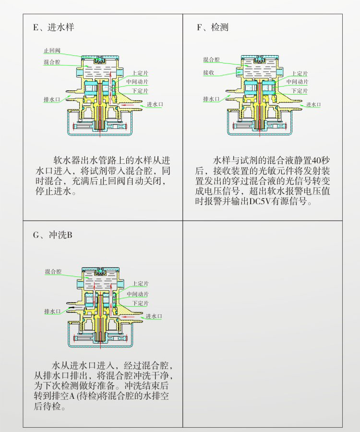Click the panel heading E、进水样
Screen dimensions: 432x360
pos(53,27)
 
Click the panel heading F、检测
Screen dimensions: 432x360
pos(213,27)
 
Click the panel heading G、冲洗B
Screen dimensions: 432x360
pos(53,235)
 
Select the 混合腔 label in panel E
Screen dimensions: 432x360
pos(51,62)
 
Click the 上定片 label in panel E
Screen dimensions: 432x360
pos(140,74)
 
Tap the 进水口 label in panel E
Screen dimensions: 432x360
pos(155,104)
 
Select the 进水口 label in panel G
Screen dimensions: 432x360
pos(154,316)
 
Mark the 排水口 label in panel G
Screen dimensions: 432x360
pos(52,311)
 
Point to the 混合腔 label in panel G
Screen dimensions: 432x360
pos(53,272)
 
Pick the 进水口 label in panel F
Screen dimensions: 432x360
pos(313,104)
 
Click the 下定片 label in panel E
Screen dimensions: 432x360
pos(140,91)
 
